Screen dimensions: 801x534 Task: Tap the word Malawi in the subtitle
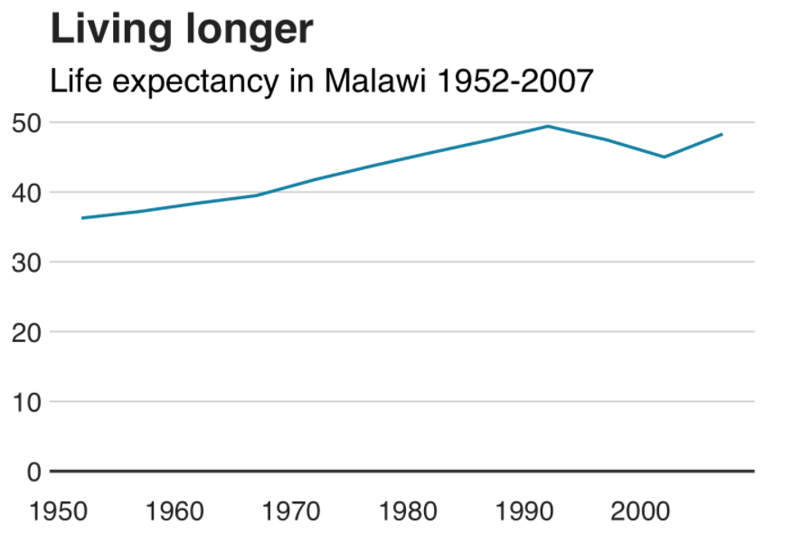[375, 81]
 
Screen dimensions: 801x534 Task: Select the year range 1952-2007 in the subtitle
[515, 81]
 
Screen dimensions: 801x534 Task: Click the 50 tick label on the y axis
[26, 123]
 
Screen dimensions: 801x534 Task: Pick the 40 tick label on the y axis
[26, 194]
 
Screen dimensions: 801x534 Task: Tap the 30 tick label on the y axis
[26, 262]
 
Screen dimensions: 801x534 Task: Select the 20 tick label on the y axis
[26, 333]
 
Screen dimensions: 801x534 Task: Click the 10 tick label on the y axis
[26, 403]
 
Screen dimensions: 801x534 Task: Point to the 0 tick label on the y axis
[33, 472]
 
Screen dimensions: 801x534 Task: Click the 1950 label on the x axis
[58, 511]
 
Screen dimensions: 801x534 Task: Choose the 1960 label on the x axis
[174, 511]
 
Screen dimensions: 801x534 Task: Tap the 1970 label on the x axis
[291, 511]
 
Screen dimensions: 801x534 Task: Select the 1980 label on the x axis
[408, 511]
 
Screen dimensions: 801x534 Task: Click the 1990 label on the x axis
[524, 511]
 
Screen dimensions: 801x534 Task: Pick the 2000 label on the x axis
[640, 511]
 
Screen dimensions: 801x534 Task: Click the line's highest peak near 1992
[548, 126]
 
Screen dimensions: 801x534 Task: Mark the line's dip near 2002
[664, 157]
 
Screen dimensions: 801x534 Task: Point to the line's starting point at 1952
[82, 218]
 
